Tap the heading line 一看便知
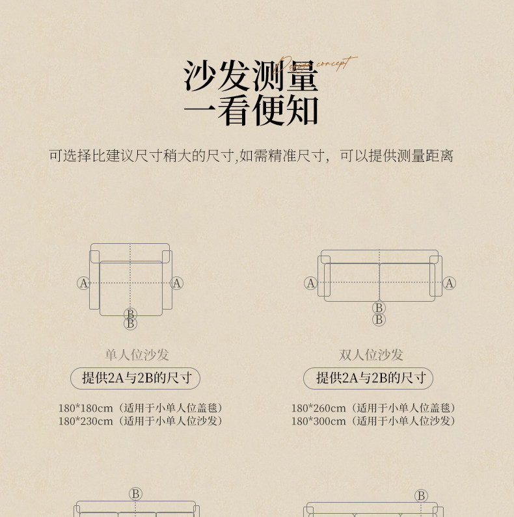[251, 111]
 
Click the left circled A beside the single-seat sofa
[83, 283]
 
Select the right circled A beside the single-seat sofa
[177, 283]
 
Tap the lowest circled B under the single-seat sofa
[131, 323]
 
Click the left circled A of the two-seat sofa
[310, 283]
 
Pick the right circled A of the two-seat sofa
[450, 283]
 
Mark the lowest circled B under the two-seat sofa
[379, 319]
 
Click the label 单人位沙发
[137, 354]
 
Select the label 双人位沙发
[371, 354]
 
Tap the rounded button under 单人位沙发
[135, 378]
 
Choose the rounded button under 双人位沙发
[368, 378]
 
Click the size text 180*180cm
[86, 408]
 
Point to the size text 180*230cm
[86, 421]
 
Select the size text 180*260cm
[319, 408]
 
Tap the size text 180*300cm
[319, 421]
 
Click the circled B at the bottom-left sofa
[135, 494]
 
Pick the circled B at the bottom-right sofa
[421, 496]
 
